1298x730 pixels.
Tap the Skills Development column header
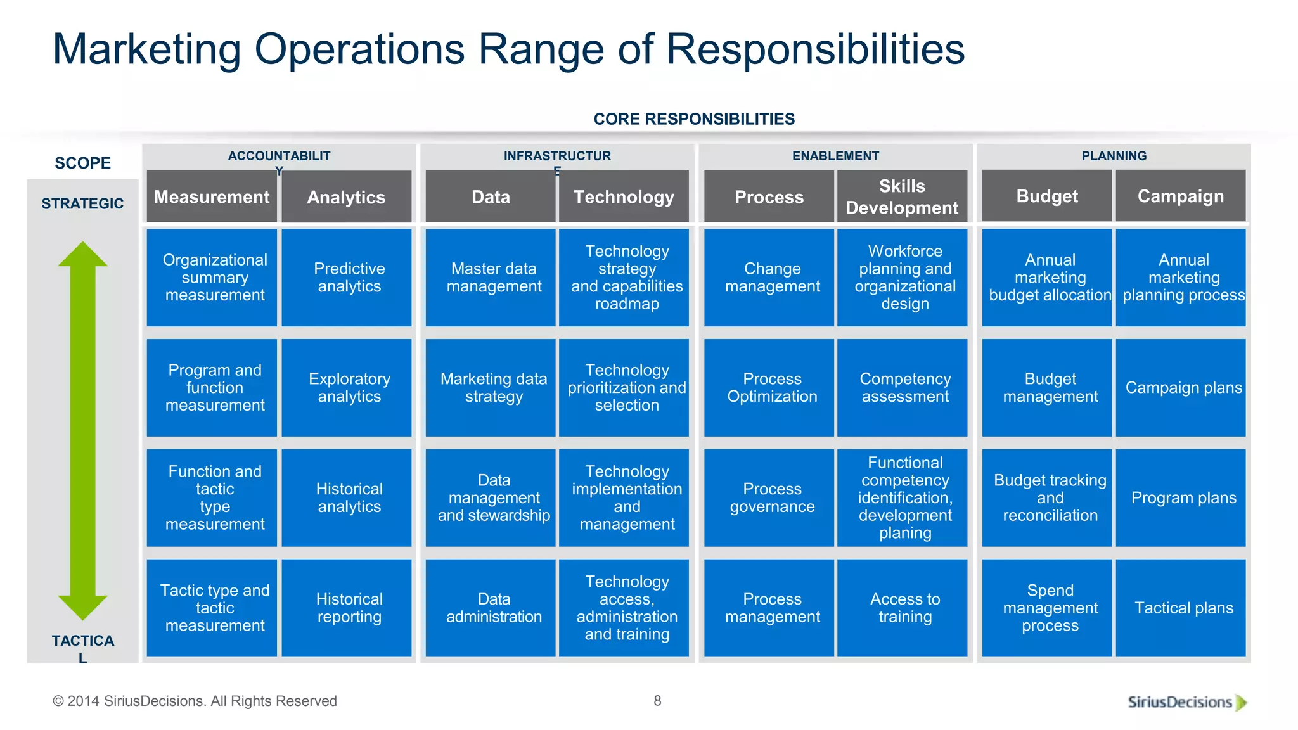(902, 196)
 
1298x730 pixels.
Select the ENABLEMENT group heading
(835, 156)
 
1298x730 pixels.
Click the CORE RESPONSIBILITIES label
(694, 119)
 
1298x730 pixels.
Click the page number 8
(657, 701)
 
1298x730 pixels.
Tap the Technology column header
(624, 197)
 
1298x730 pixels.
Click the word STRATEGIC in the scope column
(82, 204)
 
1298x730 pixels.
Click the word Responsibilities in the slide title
(815, 49)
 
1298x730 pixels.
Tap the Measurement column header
(212, 197)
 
